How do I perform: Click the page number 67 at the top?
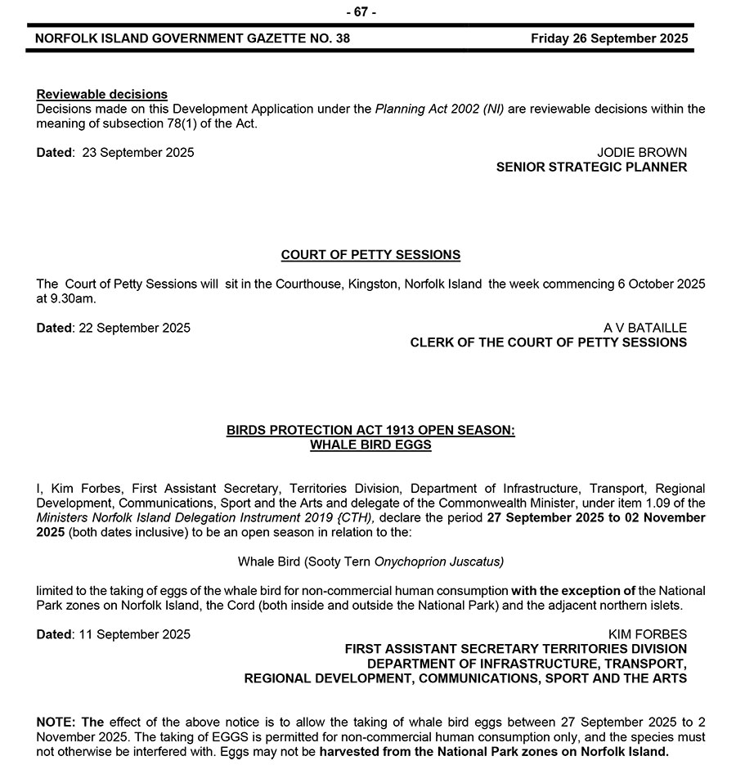click(361, 11)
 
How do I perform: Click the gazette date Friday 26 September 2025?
click(609, 38)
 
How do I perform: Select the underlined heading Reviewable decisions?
click(102, 94)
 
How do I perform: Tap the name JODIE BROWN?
click(642, 153)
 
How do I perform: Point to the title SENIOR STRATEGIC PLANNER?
click(592, 168)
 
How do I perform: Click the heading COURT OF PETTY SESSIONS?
click(370, 255)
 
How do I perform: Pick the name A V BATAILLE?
click(645, 328)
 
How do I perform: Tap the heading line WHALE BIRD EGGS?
click(370, 445)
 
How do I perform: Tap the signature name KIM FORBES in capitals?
click(648, 634)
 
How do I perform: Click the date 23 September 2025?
click(139, 153)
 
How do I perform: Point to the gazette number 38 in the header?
click(342, 38)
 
